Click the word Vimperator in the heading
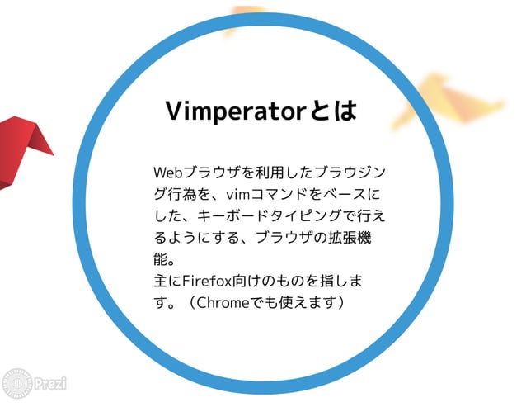point(234,111)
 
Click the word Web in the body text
point(168,173)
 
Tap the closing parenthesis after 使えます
point(340,303)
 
